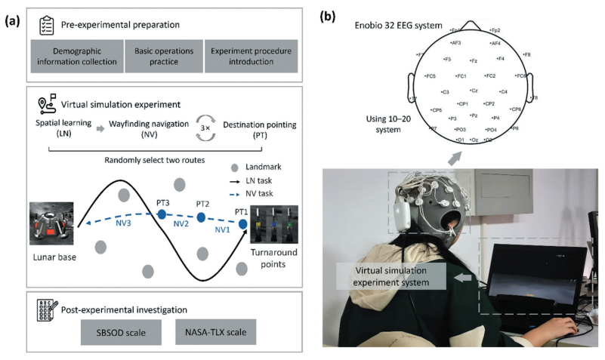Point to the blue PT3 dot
[x=161, y=215]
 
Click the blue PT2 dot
[x=202, y=217]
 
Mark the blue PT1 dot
[x=242, y=223]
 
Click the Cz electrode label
[x=473, y=91]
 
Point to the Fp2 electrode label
[x=495, y=30]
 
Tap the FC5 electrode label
[x=430, y=76]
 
